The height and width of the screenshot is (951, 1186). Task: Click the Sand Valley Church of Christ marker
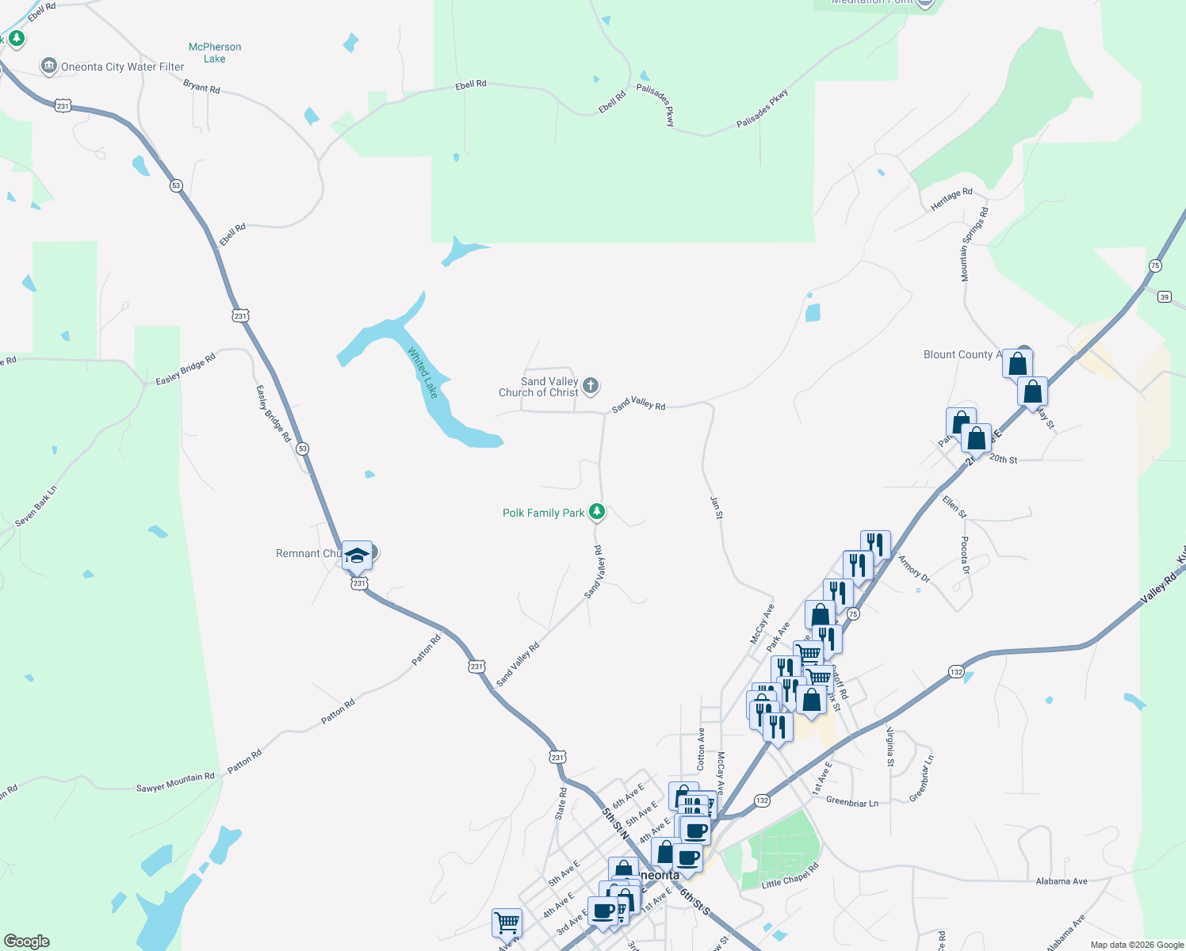point(591,386)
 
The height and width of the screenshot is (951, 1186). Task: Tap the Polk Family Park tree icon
point(597,512)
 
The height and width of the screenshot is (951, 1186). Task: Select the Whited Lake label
point(423,372)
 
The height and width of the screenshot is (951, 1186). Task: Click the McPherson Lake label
point(215,53)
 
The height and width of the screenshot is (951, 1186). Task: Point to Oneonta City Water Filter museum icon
point(49,66)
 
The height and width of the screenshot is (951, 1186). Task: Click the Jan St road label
point(716,507)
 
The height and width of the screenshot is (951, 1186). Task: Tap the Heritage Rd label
point(951,199)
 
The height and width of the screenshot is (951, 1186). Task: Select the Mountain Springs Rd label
point(974,244)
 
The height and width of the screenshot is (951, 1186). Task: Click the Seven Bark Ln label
point(36,506)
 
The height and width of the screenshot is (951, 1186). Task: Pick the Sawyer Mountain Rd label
point(175,782)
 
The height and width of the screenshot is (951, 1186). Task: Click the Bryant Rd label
point(201,86)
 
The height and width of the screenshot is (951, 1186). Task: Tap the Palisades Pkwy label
point(763,109)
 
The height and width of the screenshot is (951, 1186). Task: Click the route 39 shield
point(1164,297)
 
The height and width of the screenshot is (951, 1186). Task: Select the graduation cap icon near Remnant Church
point(357,555)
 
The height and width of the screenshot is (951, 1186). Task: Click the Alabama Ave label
point(1062,880)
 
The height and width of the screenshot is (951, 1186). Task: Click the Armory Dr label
point(914,567)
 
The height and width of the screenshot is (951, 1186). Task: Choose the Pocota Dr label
point(965,555)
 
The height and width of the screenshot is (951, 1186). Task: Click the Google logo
point(27,941)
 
